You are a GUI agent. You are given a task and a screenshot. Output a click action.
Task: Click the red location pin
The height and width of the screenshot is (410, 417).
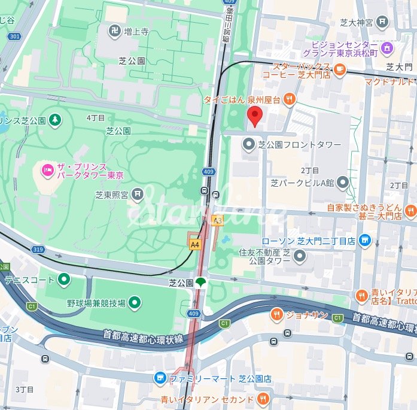[x=255, y=117]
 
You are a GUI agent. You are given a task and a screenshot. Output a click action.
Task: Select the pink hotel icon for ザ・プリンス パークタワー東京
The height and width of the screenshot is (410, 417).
[x=47, y=171]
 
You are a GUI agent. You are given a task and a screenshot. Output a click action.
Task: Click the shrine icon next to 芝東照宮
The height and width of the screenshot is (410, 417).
[x=138, y=193]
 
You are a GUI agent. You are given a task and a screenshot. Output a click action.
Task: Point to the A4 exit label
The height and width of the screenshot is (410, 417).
[x=194, y=244]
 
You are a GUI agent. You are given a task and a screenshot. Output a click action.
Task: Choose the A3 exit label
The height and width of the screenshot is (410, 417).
[x=217, y=220]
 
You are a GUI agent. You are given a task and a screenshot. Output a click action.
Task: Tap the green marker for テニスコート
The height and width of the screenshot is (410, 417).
[x=63, y=279]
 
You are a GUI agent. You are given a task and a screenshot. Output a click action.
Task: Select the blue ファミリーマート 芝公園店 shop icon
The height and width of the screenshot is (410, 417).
[x=160, y=378]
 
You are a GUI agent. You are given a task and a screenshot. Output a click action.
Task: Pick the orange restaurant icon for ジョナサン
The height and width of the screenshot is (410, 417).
[x=276, y=314]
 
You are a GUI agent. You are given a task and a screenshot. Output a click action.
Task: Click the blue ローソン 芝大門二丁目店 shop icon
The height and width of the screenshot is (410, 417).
[x=365, y=241]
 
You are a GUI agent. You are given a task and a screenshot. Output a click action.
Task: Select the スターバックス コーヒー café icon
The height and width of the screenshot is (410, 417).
[x=340, y=70]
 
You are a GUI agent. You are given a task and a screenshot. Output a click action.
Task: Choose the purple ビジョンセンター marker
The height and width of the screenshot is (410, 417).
[x=388, y=47]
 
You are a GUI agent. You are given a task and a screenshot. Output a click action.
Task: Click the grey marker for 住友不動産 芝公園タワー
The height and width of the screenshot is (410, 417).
[x=300, y=257]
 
